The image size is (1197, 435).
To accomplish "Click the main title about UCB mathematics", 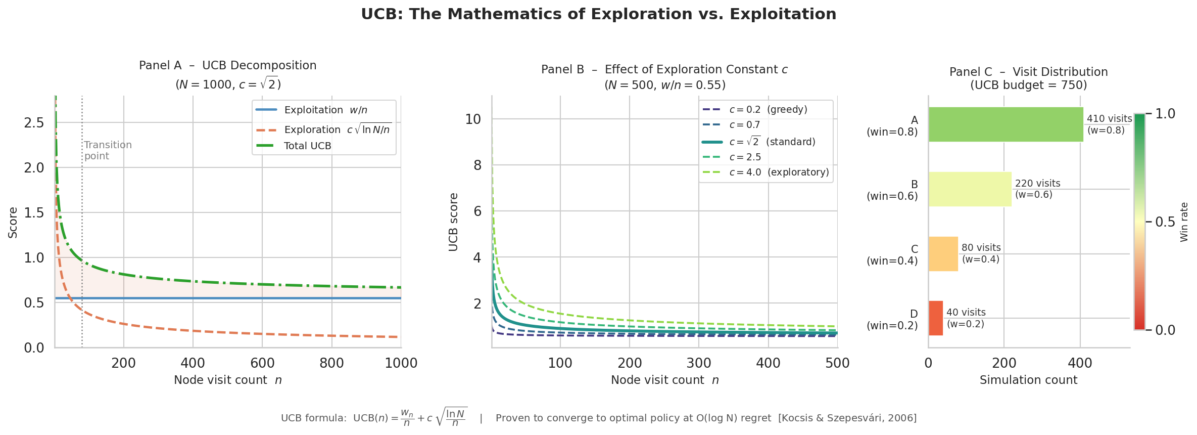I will pyautogui.click(x=598, y=14).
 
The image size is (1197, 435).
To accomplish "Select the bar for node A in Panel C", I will pyautogui.click(x=1006, y=124).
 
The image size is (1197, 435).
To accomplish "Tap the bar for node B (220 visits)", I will pyautogui.click(x=970, y=189).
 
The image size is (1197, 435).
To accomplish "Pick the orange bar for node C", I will pyautogui.click(x=943, y=254).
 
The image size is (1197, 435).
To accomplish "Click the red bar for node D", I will pyautogui.click(x=935, y=318).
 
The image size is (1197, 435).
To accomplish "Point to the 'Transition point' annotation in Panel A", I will pyautogui.click(x=108, y=151).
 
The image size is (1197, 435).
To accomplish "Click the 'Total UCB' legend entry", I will pyautogui.click(x=307, y=146).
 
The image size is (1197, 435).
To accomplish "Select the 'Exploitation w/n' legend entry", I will pyautogui.click(x=325, y=110).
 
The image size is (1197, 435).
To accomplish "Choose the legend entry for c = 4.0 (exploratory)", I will pyautogui.click(x=779, y=172).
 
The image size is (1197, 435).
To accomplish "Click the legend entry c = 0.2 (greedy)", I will pyautogui.click(x=768, y=110).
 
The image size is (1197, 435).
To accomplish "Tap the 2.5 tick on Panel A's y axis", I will pyautogui.click(x=34, y=123).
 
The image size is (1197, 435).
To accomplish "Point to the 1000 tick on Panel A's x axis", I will pyautogui.click(x=401, y=363).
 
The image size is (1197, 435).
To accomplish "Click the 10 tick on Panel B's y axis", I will pyautogui.click(x=473, y=119).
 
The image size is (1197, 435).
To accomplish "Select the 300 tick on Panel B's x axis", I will pyautogui.click(x=699, y=363).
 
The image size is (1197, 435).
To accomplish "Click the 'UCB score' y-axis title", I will pyautogui.click(x=453, y=222).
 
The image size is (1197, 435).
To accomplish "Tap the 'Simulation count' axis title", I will pyautogui.click(x=1028, y=380).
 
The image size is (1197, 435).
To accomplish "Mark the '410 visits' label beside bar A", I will pyautogui.click(x=1109, y=119).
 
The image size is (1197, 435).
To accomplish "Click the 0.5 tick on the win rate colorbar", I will pyautogui.click(x=1165, y=222).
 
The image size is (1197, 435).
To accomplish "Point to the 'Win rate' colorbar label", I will pyautogui.click(x=1184, y=222).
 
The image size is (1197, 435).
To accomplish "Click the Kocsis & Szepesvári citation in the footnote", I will pyautogui.click(x=847, y=418).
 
